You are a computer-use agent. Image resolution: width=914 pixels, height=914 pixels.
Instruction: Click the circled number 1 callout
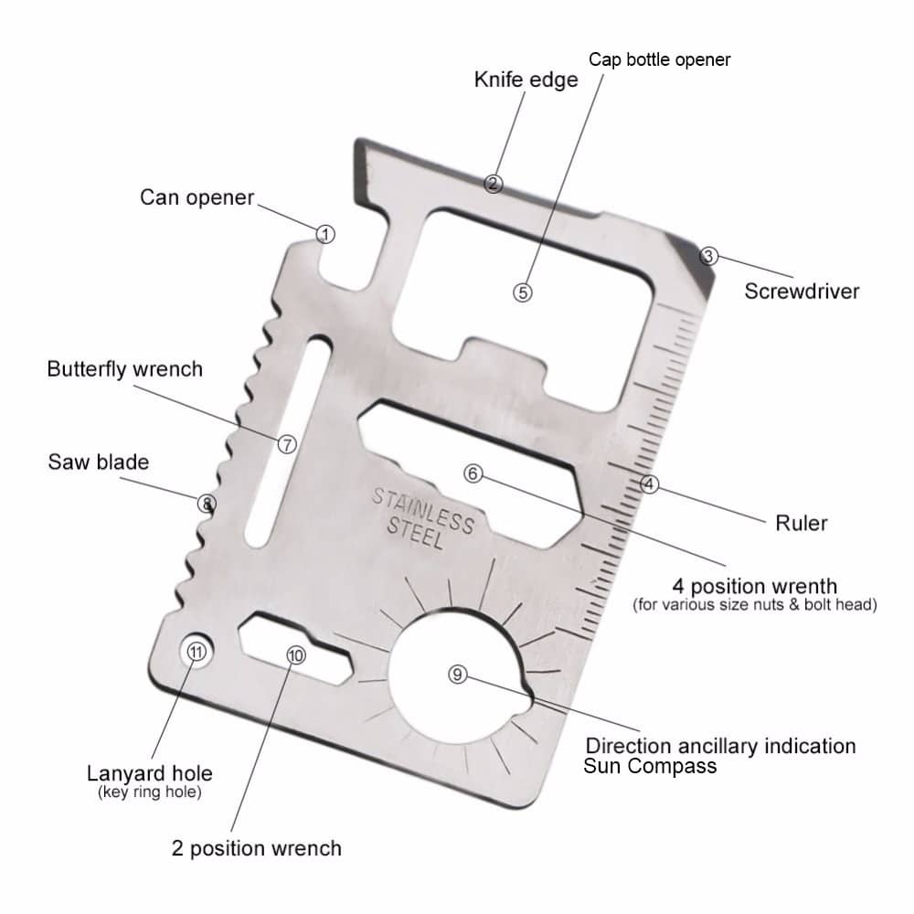pyautogui.click(x=325, y=234)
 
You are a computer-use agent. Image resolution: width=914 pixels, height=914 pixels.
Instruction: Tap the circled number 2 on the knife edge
pyautogui.click(x=494, y=185)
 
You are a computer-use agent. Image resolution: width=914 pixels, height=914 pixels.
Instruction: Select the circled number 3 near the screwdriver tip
pyautogui.click(x=708, y=256)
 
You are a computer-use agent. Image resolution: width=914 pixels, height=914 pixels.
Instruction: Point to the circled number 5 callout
pyautogui.click(x=523, y=292)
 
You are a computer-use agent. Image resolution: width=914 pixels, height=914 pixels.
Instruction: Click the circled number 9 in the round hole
pyautogui.click(x=458, y=675)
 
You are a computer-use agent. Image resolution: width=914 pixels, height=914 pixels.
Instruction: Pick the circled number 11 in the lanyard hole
pyautogui.click(x=197, y=651)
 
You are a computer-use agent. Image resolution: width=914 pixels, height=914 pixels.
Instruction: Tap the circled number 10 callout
pyautogui.click(x=296, y=655)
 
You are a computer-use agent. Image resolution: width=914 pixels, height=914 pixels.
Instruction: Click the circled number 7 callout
pyautogui.click(x=287, y=445)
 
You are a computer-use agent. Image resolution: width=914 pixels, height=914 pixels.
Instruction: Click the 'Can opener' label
pyautogui.click(x=197, y=197)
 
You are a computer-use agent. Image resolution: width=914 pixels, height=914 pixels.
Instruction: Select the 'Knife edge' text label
pyautogui.click(x=526, y=80)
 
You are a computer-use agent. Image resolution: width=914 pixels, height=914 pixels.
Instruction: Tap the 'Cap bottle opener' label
pyautogui.click(x=659, y=59)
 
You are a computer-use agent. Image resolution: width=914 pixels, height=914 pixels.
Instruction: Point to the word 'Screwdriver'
pyautogui.click(x=802, y=291)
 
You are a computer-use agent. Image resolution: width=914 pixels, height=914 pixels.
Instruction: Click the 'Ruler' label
pyautogui.click(x=801, y=523)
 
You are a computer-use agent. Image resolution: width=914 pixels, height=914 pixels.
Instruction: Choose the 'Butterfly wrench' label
pyautogui.click(x=124, y=369)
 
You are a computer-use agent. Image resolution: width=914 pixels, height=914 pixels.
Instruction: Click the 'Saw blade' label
pyautogui.click(x=99, y=462)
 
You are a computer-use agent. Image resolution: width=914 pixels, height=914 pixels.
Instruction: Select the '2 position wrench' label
pyautogui.click(x=257, y=848)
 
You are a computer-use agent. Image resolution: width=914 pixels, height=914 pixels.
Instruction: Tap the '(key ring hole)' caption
pyautogui.click(x=150, y=792)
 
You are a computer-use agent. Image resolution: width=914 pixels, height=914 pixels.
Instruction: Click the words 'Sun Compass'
pyautogui.click(x=650, y=765)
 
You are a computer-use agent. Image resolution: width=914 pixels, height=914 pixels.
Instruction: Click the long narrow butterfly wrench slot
pyautogui.click(x=288, y=441)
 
